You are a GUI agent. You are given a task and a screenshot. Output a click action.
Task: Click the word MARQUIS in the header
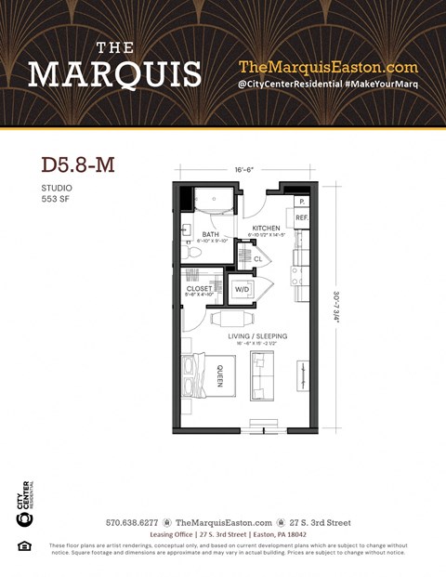pos(114,74)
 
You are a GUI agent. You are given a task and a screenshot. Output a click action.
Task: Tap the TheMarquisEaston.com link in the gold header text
pos(328,67)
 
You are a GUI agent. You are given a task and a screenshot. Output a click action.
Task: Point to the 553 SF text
pos(57,198)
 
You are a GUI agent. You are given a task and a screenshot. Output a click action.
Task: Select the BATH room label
pos(211,234)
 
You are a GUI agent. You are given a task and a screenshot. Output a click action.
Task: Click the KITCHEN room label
pos(266,228)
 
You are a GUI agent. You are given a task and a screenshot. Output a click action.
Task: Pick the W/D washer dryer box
pos(242,289)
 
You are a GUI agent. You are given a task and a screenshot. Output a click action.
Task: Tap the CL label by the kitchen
pos(257,259)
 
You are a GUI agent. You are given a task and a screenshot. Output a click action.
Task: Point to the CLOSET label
pos(200,289)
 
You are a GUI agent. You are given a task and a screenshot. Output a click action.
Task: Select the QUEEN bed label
pos(219,376)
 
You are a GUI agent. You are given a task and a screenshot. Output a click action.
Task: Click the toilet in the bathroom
pos(192,252)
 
